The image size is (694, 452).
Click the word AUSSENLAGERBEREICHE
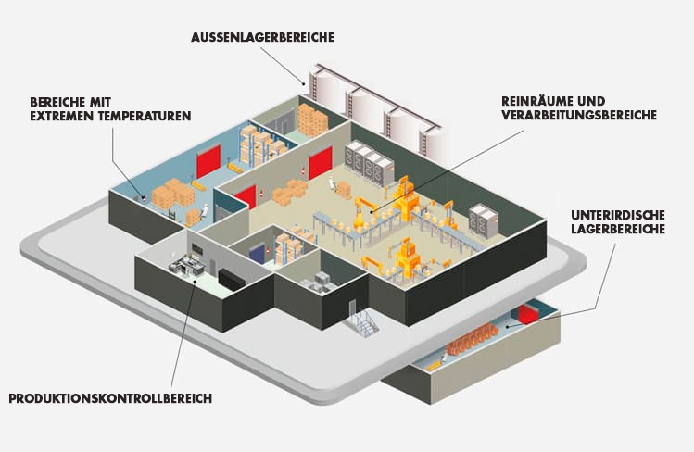(x=262, y=38)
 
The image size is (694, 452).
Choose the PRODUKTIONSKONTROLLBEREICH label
(x=110, y=399)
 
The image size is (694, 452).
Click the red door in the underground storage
(x=530, y=313)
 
